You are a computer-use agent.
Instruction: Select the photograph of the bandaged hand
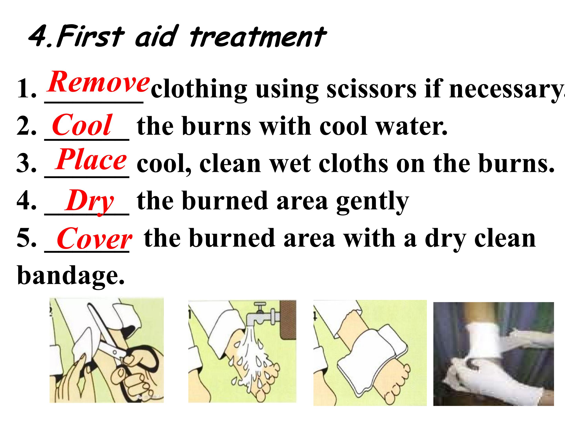(x=493, y=354)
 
